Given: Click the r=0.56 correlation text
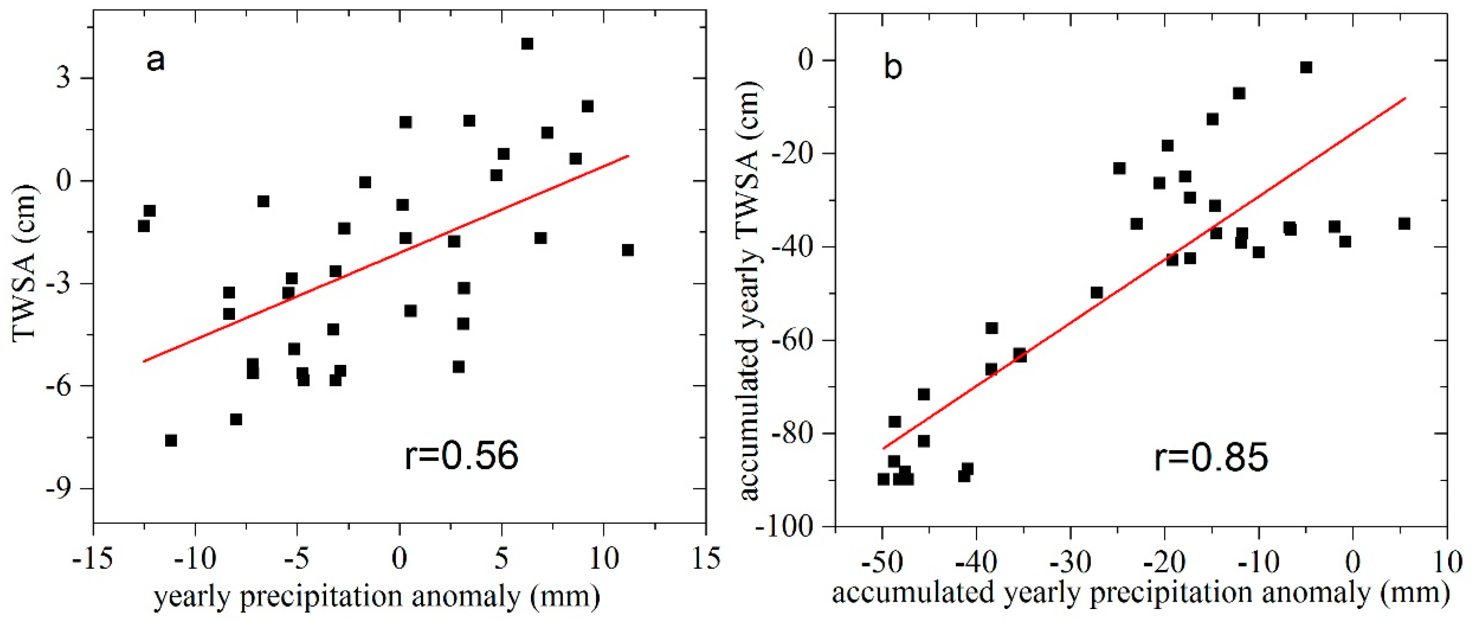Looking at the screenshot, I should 462,455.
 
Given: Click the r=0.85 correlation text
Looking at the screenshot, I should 1211,458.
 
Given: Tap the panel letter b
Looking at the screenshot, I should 893,68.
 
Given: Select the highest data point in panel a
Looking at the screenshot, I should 527,44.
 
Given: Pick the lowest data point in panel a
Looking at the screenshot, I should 171,440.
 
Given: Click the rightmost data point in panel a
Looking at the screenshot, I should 628,250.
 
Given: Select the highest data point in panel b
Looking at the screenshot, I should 1306,67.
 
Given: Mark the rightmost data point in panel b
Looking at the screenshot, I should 1404,224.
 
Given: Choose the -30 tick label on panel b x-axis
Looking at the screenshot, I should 1070,562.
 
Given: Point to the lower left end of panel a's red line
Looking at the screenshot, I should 144,361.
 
